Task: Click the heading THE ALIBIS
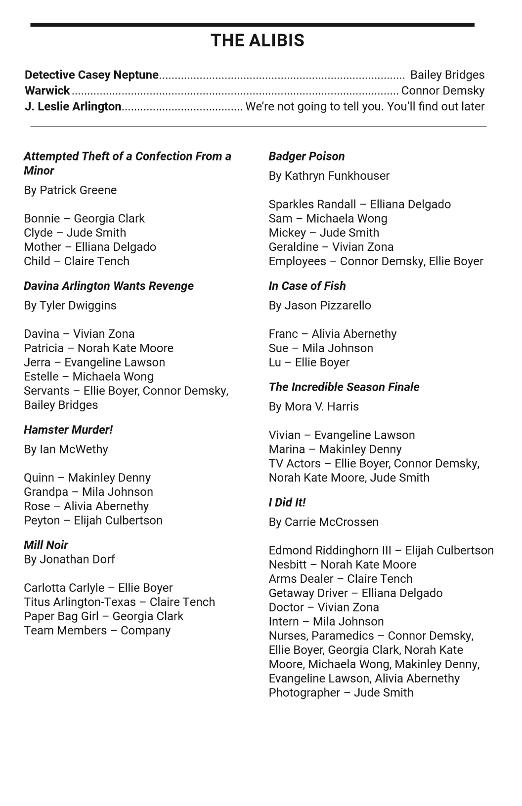[257, 40]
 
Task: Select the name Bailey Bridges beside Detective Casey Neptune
[447, 75]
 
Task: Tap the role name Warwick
[47, 91]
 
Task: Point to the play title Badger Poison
[306, 157]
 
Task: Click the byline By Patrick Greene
[70, 191]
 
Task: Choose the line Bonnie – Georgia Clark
[84, 219]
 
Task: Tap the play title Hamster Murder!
[68, 430]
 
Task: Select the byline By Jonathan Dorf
[69, 560]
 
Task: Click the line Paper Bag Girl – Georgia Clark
[103, 616]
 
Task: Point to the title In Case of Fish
[307, 286]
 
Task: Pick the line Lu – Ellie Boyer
[309, 363]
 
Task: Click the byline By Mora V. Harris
[313, 407]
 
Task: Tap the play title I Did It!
[287, 503]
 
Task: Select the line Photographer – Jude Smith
[341, 693]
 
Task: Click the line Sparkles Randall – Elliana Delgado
[359, 204]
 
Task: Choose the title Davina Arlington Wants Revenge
[108, 286]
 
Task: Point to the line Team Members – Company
[97, 631]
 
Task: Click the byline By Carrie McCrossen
[323, 523]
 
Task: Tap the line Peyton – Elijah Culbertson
[93, 521]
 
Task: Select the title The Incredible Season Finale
[344, 387]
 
